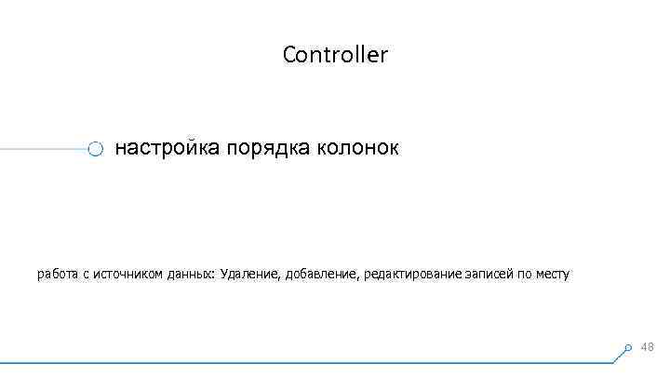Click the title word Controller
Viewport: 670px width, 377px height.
[x=335, y=55]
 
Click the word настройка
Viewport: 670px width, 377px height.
[x=166, y=148]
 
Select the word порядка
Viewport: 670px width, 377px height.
[x=267, y=149]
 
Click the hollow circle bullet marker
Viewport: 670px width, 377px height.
[x=95, y=149]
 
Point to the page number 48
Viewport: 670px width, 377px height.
[x=648, y=347]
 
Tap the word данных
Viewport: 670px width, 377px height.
[x=190, y=275]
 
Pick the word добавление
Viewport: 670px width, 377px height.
[x=323, y=275]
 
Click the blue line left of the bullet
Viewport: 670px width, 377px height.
[x=42, y=148]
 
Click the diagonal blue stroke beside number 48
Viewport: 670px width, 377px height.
[x=625, y=352]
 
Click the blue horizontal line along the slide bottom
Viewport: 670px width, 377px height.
[x=307, y=361]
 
